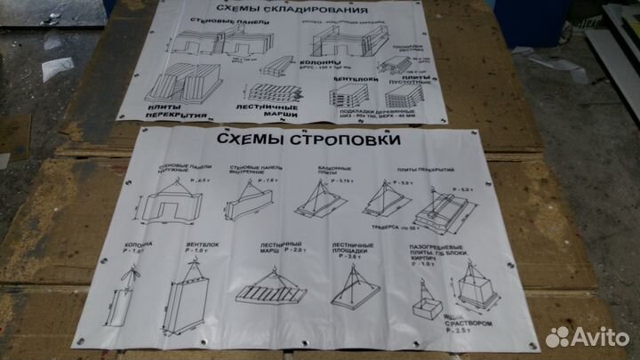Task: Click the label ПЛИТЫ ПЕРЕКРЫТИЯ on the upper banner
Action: (178, 110)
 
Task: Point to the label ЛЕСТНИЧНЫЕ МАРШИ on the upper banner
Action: (270, 112)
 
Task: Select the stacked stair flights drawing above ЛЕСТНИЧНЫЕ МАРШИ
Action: (271, 91)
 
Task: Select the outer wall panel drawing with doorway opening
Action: (168, 204)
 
